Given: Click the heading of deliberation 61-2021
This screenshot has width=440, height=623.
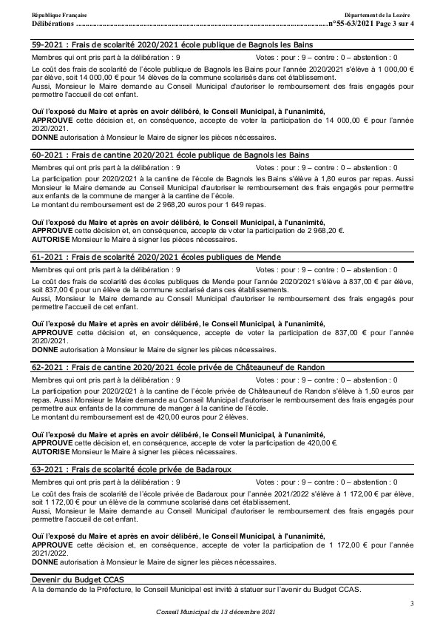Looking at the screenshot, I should pos(156,257).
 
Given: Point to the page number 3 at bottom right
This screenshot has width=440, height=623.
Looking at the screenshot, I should pos(412,605).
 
